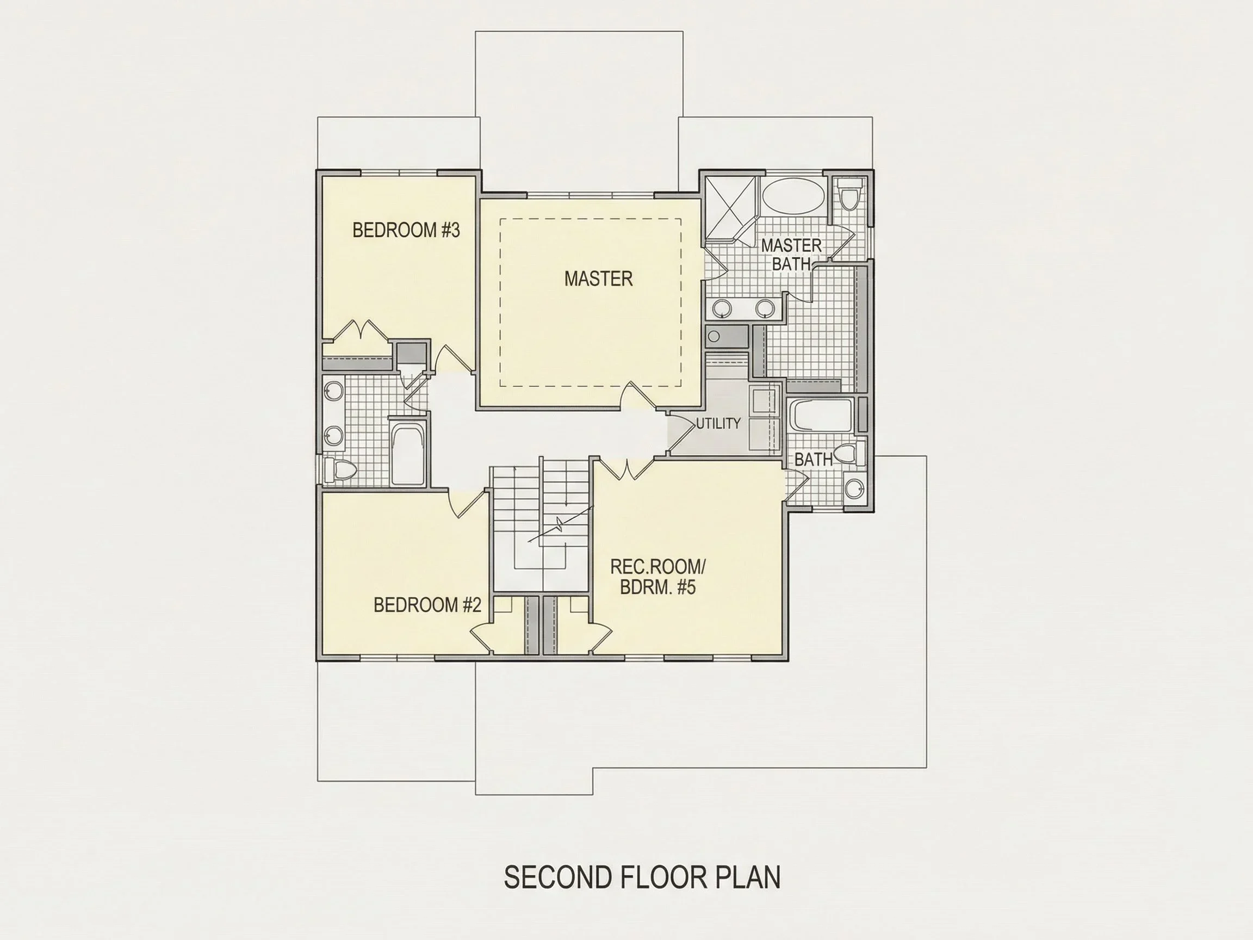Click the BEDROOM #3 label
click(406, 230)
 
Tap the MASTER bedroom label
click(598, 279)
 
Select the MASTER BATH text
click(791, 255)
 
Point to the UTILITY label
click(718, 423)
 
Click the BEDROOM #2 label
click(427, 605)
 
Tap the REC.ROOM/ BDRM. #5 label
click(658, 577)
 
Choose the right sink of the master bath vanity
click(765, 308)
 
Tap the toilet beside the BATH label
click(850, 454)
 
